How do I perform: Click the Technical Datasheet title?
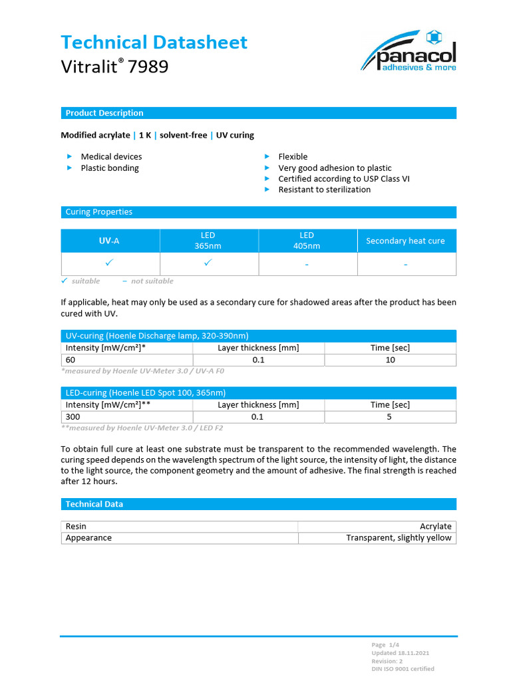click(154, 43)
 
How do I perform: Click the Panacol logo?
click(409, 51)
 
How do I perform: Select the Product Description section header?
click(104, 113)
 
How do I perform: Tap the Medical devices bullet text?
click(111, 157)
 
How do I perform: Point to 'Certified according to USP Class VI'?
click(343, 179)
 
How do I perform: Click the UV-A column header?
click(110, 241)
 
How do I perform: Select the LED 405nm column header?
click(307, 241)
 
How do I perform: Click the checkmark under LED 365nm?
click(208, 263)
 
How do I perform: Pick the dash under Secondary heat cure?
click(405, 265)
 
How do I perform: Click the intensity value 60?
click(71, 360)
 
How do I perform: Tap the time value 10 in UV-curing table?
click(390, 360)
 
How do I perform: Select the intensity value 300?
click(73, 417)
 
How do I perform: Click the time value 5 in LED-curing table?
click(389, 417)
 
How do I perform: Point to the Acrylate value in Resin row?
click(435, 526)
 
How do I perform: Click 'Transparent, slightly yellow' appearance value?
click(398, 537)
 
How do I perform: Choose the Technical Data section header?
click(94, 504)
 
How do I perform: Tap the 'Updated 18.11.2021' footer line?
click(399, 653)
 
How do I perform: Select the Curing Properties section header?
click(98, 212)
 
